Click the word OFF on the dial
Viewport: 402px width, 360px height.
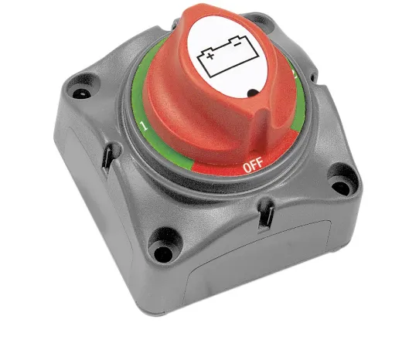click(x=254, y=165)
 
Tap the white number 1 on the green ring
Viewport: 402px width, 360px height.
click(x=144, y=126)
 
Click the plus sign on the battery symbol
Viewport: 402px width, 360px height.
click(x=210, y=56)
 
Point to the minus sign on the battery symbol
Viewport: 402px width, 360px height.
click(x=237, y=44)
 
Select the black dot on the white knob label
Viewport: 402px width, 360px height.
click(x=253, y=93)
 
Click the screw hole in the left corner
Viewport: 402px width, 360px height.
click(x=82, y=93)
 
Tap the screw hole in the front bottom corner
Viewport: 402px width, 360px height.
click(x=163, y=253)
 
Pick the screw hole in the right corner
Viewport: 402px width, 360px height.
click(x=340, y=188)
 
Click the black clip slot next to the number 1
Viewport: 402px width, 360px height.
click(x=107, y=159)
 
